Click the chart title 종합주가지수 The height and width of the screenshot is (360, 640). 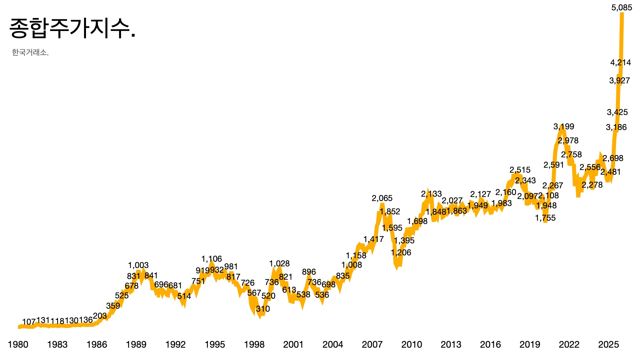tap(72, 28)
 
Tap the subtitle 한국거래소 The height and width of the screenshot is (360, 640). tap(30, 52)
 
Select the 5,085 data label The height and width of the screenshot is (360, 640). tap(622, 8)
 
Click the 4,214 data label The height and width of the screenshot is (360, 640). tap(620, 63)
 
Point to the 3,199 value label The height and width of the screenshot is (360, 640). tap(564, 127)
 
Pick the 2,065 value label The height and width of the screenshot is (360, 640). tap(382, 198)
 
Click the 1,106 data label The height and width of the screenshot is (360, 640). tap(211, 259)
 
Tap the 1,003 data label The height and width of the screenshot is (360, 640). tap(138, 265)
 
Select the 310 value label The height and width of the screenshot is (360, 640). tap(263, 309)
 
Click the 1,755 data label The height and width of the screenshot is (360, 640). tap(545, 218)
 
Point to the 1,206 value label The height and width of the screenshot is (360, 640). tap(401, 253)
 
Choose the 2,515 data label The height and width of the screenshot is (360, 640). tap(520, 170)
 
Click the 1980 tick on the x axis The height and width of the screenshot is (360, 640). tap(18, 345)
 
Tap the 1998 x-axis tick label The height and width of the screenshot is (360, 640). tap(254, 345)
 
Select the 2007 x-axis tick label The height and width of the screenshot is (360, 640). tap(372, 345)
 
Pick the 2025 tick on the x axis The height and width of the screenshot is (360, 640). tap(608, 345)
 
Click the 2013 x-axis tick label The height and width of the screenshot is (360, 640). tap(451, 345)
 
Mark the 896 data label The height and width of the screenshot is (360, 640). tap(309, 272)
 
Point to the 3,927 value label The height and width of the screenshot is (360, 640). tap(619, 81)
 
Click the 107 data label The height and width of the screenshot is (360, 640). tap(29, 322)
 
